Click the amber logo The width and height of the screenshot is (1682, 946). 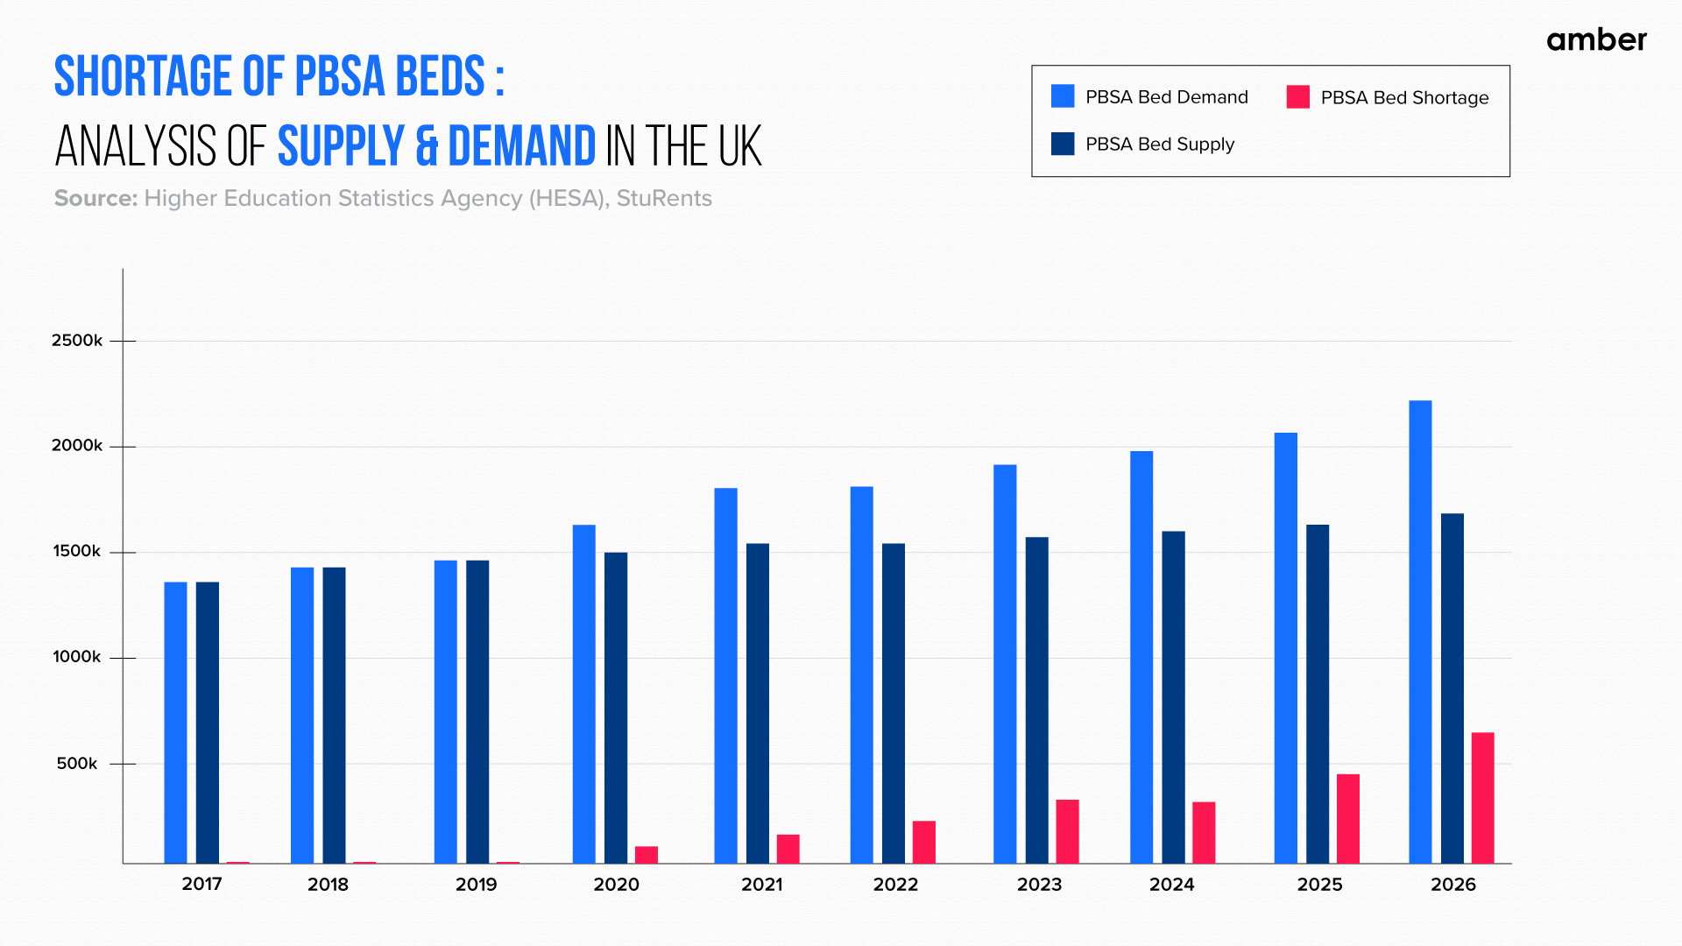1596,40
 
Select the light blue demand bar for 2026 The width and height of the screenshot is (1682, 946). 1420,631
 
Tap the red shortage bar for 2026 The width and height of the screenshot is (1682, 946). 1482,797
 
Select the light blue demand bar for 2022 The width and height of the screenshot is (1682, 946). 861,674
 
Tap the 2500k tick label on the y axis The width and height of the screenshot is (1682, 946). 77,341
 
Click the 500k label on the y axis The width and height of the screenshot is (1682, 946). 77,764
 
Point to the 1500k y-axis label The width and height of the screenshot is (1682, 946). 77,552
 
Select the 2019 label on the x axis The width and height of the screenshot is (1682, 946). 476,885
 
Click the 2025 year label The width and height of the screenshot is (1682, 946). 1319,885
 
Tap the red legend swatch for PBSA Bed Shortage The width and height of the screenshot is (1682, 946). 1297,97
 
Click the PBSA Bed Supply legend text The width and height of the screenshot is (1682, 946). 1159,145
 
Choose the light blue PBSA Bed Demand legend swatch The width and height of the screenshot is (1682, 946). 1063,96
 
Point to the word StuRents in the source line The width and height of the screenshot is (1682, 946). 663,199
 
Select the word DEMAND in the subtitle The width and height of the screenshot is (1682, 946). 521,146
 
